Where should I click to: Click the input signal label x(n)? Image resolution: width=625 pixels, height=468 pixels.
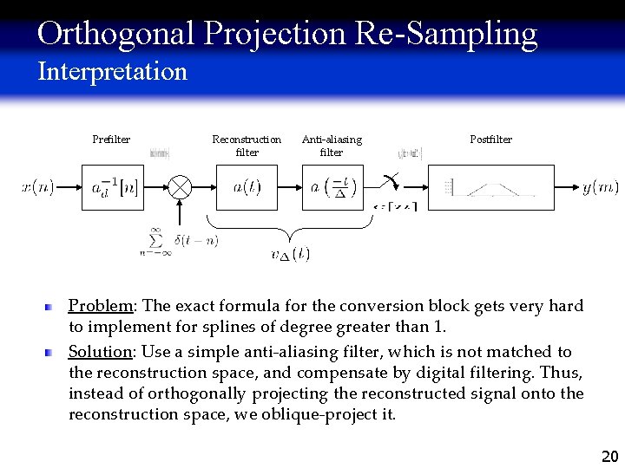(37, 187)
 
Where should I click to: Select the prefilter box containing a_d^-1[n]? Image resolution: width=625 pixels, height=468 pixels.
(114, 187)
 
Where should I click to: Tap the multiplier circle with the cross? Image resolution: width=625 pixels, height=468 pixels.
(180, 187)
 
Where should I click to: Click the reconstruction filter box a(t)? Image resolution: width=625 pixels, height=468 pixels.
(247, 187)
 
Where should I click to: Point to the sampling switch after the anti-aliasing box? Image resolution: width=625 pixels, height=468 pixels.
(391, 183)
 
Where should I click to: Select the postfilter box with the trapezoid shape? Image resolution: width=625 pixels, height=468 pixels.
(491, 187)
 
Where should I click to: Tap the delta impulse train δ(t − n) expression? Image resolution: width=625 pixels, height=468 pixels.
(194, 240)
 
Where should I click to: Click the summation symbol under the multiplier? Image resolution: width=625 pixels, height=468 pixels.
(155, 240)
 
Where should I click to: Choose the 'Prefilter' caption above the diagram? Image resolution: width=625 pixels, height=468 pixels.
(111, 140)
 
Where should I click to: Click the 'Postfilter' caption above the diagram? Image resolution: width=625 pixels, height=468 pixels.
(490, 140)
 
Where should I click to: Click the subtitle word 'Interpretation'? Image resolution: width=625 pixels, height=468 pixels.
(112, 71)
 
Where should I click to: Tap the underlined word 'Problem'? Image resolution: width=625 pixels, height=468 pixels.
(101, 306)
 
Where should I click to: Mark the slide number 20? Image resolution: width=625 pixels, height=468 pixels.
(609, 456)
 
